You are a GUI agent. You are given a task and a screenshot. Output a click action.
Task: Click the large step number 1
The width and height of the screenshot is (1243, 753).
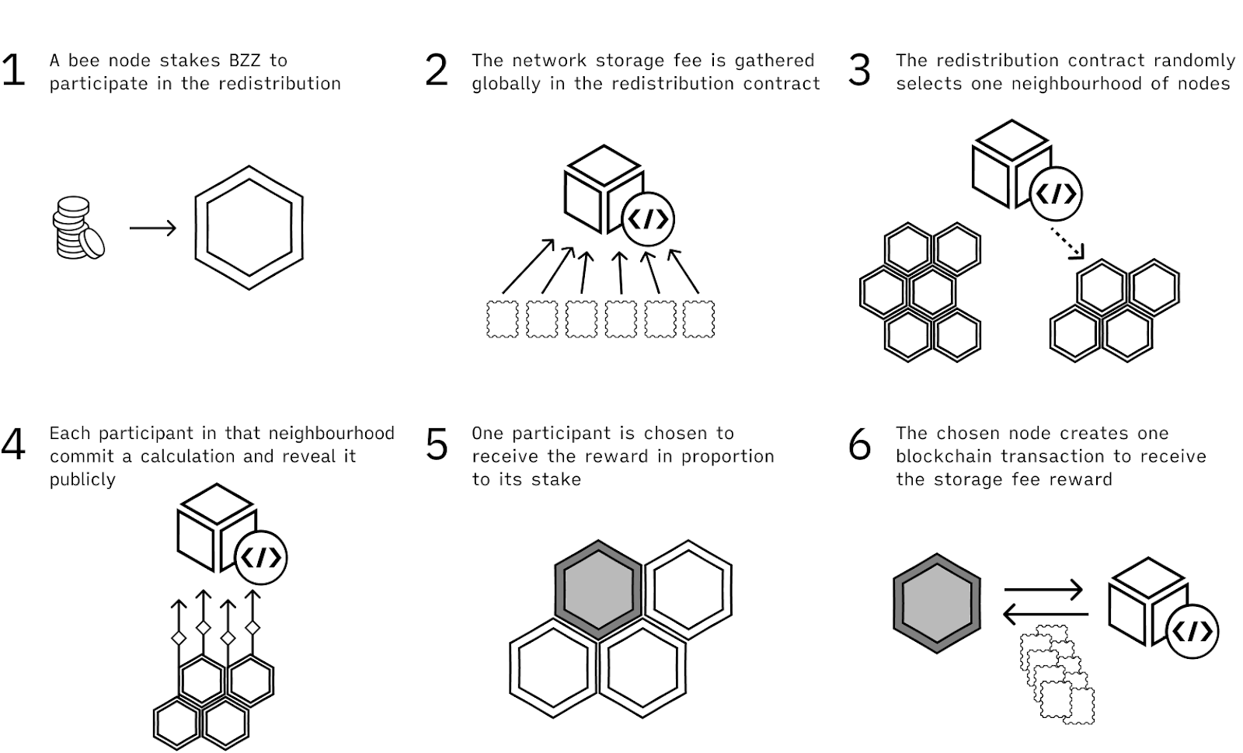(13, 71)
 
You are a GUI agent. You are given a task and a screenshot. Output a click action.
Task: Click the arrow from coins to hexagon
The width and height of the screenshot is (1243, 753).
(153, 228)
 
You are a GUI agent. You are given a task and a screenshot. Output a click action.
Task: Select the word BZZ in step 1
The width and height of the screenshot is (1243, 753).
(248, 61)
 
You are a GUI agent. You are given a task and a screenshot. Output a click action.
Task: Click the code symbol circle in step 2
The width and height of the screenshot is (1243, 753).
(648, 220)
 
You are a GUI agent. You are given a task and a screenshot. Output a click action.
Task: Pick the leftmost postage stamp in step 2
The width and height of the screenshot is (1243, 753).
(502, 319)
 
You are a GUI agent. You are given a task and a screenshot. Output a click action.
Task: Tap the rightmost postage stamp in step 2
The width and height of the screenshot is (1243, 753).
(698, 319)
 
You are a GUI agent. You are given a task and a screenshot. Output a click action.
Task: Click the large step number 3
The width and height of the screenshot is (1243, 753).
(859, 71)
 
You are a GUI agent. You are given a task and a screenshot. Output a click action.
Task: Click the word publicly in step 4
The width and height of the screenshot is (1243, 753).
(82, 479)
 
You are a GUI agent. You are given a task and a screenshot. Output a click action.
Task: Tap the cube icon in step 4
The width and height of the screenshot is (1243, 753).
(213, 528)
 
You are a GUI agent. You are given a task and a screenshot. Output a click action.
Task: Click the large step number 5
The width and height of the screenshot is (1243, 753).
(437, 445)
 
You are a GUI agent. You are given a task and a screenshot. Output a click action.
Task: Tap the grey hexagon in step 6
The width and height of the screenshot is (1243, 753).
(936, 604)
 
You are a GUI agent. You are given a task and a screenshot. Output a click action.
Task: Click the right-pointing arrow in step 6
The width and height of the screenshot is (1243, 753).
(1043, 591)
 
